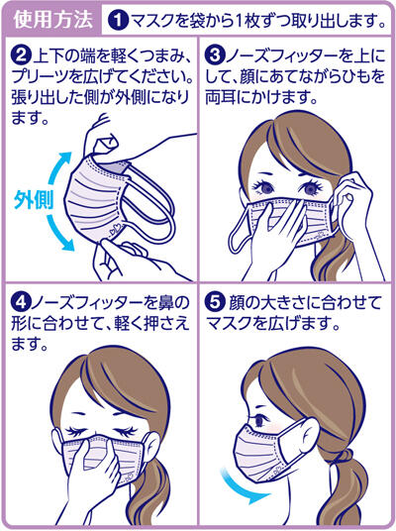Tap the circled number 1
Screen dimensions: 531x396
[x=118, y=18]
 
